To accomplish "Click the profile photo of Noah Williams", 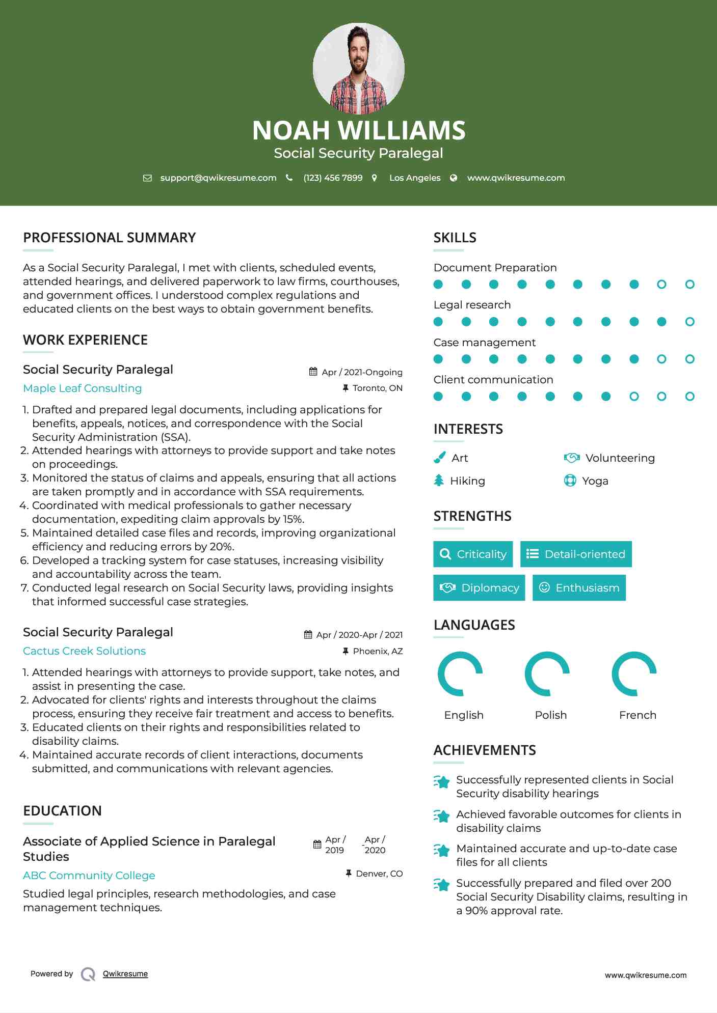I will pos(358,68).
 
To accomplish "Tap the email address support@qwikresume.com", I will pos(218,178).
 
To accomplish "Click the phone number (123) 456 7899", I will pos(333,178).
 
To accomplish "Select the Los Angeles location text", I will pos(414,178).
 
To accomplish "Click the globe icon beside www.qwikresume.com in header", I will pos(454,178).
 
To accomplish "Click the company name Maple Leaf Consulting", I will pos(83,388).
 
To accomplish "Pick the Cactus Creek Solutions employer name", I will pos(84,651).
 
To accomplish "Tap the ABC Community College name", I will pos(89,876).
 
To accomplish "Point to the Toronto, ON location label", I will pos(377,388).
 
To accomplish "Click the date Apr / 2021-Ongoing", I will pos(362,372).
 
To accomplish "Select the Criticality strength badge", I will pos(473,554).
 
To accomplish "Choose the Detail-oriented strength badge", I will pos(576,554).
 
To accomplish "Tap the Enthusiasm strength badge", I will pos(579,587).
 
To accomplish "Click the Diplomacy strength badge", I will pos(479,587).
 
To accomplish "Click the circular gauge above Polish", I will pos(547,673).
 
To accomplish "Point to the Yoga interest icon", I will pos(570,481).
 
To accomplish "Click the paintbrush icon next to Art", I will pos(439,458).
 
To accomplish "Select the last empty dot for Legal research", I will pos(689,322).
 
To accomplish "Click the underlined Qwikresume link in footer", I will pos(125,974).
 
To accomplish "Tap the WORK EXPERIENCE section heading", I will pos(85,340).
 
